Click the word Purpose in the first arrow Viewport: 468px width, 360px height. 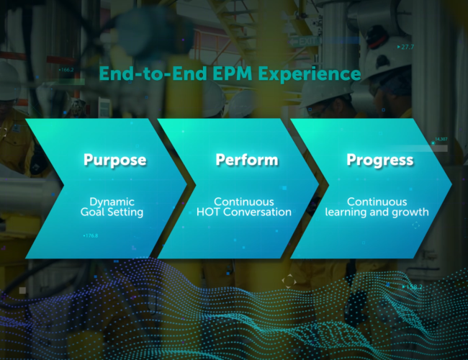click(115, 160)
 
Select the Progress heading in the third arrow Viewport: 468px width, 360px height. click(380, 160)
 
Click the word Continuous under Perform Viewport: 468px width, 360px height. click(243, 202)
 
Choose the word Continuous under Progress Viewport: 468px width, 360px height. click(377, 202)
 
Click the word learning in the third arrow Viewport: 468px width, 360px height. click(344, 212)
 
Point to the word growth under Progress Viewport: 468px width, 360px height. click(409, 212)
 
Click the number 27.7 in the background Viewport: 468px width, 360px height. click(408, 47)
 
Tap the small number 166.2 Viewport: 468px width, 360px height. click(68, 70)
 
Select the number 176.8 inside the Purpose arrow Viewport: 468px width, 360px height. click(91, 235)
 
